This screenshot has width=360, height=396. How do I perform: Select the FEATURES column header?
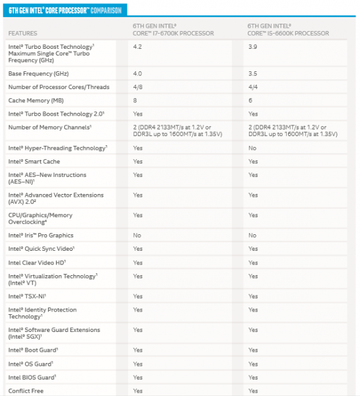pyautogui.click(x=23, y=33)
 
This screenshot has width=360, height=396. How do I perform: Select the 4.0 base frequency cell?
pyautogui.click(x=138, y=73)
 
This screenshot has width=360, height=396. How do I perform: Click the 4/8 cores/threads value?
pyautogui.click(x=138, y=87)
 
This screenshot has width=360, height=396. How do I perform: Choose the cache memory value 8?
pyautogui.click(x=135, y=100)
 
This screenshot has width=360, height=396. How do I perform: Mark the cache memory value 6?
pyautogui.click(x=251, y=100)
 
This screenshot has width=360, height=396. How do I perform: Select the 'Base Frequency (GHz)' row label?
pyautogui.click(x=39, y=73)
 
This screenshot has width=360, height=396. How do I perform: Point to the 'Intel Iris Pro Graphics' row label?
pyautogui.click(x=41, y=236)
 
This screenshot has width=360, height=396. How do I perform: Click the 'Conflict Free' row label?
pyautogui.click(x=27, y=391)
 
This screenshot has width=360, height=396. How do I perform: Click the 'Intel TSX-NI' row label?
pyautogui.click(x=27, y=296)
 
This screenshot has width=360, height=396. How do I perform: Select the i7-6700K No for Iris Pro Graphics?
pyautogui.click(x=137, y=236)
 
